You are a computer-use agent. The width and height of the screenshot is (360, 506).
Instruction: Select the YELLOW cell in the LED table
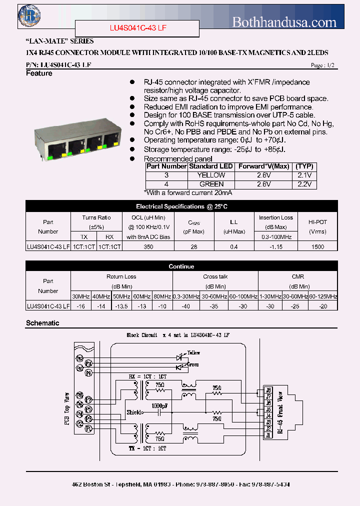pyautogui.click(x=211, y=175)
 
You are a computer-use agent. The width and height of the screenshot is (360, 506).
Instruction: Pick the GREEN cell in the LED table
pyautogui.click(x=211, y=184)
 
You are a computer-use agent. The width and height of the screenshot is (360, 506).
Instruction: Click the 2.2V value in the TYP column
pyautogui.click(x=304, y=184)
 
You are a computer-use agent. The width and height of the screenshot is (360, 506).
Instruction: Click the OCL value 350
pyautogui.click(x=148, y=246)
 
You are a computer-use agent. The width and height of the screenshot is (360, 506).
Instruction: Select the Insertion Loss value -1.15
pyautogui.click(x=275, y=246)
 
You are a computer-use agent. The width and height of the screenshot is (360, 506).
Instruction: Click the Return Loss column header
pyautogui.click(x=121, y=276)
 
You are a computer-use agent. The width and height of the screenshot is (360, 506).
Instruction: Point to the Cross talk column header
pyautogui.click(x=215, y=276)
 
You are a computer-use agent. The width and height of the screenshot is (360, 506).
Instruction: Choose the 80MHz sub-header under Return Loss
pyautogui.click(x=162, y=296)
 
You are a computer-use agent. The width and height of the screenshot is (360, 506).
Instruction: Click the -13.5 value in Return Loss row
pyautogui.click(x=121, y=306)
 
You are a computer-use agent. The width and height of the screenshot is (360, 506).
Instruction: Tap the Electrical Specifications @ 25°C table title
pyautogui.click(x=181, y=206)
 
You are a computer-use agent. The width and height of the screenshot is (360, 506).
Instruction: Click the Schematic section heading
pyautogui.click(x=42, y=323)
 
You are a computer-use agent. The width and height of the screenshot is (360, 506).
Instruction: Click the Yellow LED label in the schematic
pyautogui.click(x=193, y=353)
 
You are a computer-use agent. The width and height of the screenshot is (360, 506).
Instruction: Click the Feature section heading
pyautogui.click(x=39, y=73)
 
